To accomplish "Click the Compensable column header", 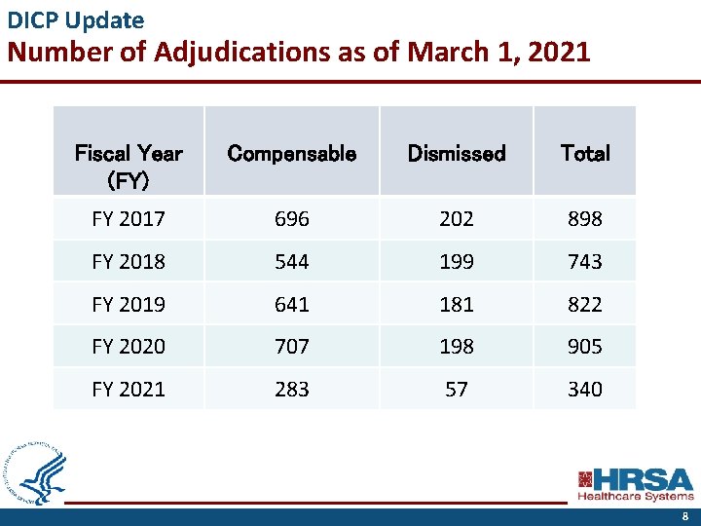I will coord(291,153).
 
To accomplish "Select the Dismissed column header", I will coord(456,153).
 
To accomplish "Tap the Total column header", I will coord(585,153).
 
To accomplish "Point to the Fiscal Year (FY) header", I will coord(129,166).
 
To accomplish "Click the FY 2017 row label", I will coord(129,219).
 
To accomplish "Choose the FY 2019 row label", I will coord(129,304).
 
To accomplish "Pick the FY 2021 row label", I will coord(129,389).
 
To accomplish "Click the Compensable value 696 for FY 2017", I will coord(291,219).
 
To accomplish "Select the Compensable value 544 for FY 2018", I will coord(291,262).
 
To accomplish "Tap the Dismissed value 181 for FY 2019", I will coord(456,304).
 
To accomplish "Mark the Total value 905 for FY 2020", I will coord(585,346).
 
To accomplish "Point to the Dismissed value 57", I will coord(456,389).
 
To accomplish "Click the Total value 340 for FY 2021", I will coord(585,389).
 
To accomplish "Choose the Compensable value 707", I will coord(291,346).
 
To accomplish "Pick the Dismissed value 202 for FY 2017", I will coord(456,219).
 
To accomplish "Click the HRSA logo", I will coord(636,484).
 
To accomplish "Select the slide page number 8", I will coord(684,516).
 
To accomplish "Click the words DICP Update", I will coord(76,19).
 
